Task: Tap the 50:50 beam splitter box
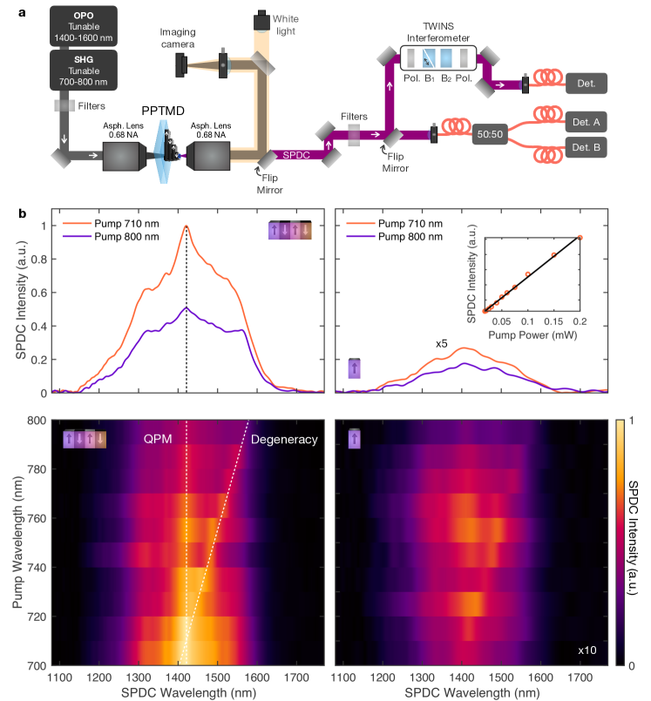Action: coord(492,137)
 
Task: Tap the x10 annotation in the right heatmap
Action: coord(587,650)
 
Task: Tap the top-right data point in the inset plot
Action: coord(580,238)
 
